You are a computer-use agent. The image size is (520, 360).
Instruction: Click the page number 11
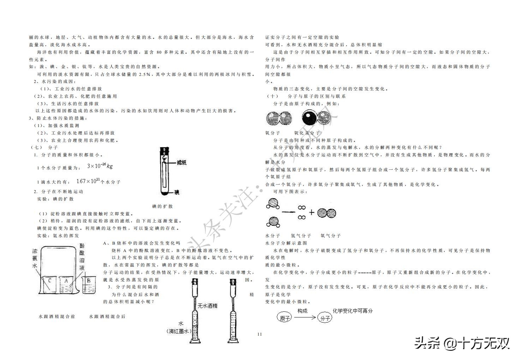[x=260, y=334]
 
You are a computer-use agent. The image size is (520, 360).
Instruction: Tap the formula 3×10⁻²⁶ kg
[x=100, y=166]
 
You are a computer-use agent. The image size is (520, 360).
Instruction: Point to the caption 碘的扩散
[x=162, y=206]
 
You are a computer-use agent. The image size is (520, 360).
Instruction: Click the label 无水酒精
[x=207, y=306]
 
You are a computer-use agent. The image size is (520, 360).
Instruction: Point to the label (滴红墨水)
[x=179, y=331]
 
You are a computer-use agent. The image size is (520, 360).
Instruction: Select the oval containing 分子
[x=325, y=318]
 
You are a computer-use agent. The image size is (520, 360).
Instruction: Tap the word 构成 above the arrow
[x=302, y=311]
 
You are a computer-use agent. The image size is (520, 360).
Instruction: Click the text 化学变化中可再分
[x=353, y=311]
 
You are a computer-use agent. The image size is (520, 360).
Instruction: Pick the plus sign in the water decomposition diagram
[x=311, y=212]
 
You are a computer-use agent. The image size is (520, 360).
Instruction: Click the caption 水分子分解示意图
[x=286, y=243]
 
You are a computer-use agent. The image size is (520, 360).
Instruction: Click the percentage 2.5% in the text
[x=145, y=74]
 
